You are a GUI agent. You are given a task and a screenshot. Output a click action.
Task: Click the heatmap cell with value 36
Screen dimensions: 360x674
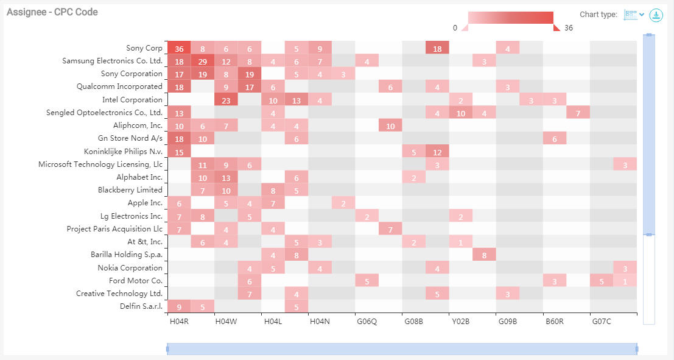tap(179, 48)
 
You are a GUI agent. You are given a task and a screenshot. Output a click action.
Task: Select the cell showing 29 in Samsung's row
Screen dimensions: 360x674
tap(202, 61)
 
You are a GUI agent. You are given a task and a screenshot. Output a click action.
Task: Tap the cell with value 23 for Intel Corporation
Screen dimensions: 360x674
tap(226, 99)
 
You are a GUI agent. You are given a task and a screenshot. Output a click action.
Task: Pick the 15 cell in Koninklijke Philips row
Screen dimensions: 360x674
tap(179, 151)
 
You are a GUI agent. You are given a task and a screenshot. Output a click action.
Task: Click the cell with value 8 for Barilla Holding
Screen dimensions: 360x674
tap(484, 255)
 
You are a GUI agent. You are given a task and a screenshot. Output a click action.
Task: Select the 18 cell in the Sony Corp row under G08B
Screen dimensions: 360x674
tap(437, 48)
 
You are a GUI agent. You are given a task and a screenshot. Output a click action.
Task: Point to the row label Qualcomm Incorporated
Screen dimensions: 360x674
tap(119, 86)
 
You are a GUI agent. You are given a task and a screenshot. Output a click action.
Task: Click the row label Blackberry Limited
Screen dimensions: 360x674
tap(130, 190)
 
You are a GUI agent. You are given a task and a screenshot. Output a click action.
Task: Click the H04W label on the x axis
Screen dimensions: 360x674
tap(226, 321)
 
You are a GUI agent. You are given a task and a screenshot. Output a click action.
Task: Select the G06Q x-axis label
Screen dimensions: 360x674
tap(367, 321)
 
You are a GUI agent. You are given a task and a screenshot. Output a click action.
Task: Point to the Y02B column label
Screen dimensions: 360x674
tap(461, 321)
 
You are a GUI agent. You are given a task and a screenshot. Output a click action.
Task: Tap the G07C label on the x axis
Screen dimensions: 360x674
tap(602, 321)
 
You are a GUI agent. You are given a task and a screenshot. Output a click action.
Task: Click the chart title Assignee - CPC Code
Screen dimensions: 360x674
tap(52, 12)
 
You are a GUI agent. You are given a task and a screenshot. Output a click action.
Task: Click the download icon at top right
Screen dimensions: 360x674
tap(656, 15)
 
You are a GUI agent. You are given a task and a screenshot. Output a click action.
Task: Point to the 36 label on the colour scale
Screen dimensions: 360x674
tap(569, 28)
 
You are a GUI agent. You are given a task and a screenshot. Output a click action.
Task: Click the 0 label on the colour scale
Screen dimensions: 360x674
tap(455, 28)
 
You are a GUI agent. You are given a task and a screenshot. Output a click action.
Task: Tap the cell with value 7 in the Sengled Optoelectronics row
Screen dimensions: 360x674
tap(578, 113)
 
